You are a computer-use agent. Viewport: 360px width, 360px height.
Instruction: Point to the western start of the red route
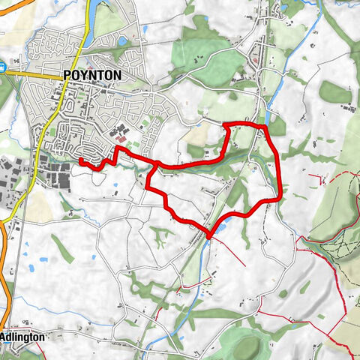(80, 160)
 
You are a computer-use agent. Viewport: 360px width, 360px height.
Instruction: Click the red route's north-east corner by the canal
(263, 124)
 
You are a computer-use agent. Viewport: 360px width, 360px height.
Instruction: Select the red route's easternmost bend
(280, 196)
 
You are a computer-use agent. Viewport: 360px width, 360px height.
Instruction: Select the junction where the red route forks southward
(155, 165)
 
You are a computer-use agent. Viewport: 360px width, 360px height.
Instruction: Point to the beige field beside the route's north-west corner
(199, 135)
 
